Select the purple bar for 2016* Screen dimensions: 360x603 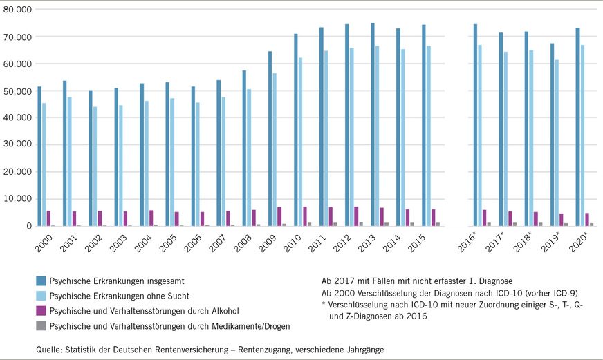click(x=484, y=218)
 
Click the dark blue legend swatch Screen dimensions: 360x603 click(x=41, y=281)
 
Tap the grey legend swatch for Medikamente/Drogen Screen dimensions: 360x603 click(x=41, y=325)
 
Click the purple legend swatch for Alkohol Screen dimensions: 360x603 click(x=41, y=311)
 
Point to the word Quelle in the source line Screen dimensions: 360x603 click(x=49, y=350)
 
